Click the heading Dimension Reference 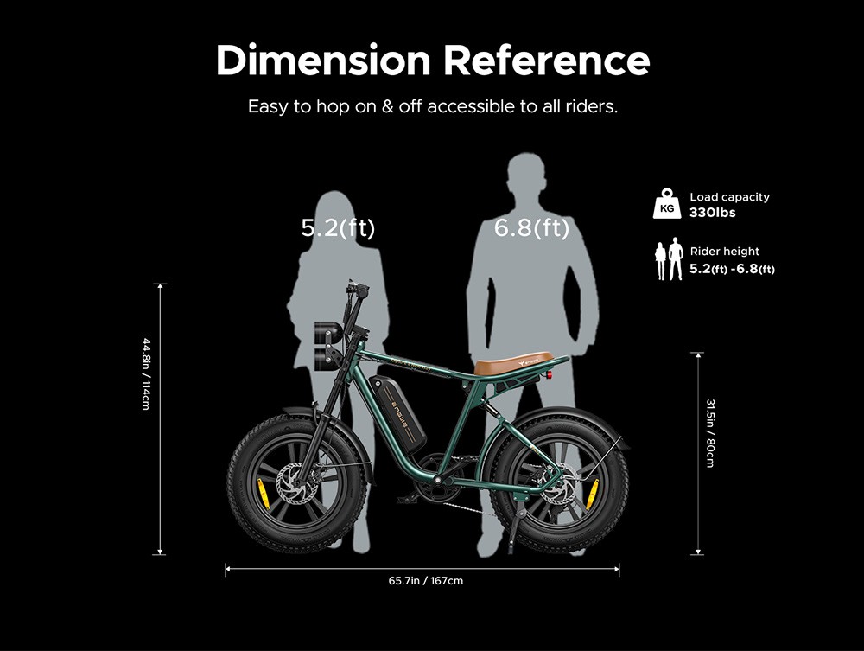432,61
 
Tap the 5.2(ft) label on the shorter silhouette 338,228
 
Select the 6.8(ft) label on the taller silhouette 531,228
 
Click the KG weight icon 666,204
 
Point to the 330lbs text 713,212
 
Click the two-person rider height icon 668,260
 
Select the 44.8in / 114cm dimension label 146,373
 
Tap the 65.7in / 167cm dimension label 425,580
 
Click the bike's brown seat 513,361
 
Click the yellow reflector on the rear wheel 592,494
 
